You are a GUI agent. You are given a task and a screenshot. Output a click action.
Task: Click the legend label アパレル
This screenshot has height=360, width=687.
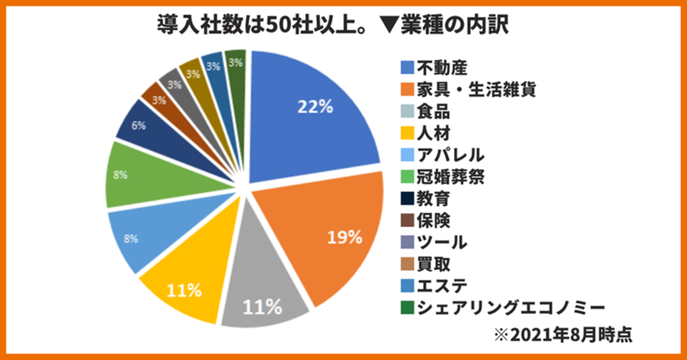coord(450,154)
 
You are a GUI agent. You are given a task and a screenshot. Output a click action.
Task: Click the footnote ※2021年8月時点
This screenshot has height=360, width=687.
coord(564,334)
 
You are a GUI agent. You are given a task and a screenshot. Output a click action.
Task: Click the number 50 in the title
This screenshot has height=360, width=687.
coord(275,26)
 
